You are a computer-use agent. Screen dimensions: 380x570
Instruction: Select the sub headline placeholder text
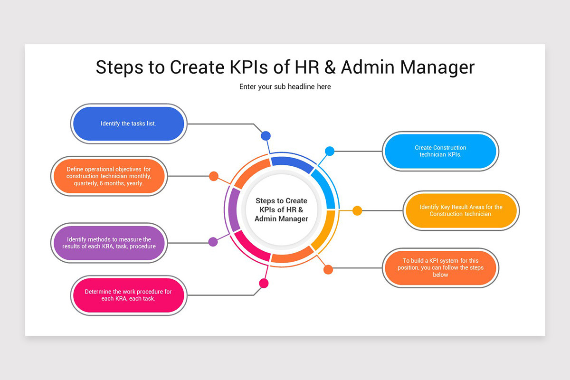[285, 87]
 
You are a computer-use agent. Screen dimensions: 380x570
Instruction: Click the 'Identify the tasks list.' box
[128, 123]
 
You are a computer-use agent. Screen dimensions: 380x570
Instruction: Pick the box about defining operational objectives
[108, 176]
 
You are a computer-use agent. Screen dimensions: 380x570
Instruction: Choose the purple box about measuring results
[108, 243]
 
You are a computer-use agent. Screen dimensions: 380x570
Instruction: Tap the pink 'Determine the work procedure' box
[128, 295]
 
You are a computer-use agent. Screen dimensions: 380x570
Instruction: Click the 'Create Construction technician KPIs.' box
[440, 151]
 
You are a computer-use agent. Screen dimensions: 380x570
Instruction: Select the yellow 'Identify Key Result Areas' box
[461, 210]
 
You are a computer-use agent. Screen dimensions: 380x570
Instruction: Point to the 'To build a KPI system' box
[440, 267]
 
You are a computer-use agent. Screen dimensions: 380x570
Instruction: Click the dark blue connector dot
[266, 136]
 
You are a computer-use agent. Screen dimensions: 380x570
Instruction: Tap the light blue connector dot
[330, 151]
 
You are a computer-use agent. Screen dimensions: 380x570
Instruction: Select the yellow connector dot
[357, 210]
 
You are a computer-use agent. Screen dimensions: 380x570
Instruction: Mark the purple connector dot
[213, 242]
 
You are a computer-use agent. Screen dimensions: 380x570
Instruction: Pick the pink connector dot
[264, 284]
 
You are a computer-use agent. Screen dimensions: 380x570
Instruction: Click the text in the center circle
[281, 210]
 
